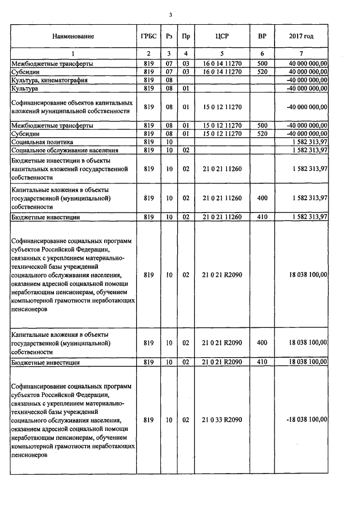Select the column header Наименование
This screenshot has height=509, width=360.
pyautogui.click(x=73, y=37)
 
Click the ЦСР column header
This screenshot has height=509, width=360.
pyautogui.click(x=222, y=37)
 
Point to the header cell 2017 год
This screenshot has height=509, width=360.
pyautogui.click(x=301, y=37)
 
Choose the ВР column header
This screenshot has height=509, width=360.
pyautogui.click(x=262, y=37)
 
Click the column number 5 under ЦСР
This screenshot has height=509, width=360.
pyautogui.click(x=222, y=53)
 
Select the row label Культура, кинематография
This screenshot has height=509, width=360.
pyautogui.click(x=49, y=80)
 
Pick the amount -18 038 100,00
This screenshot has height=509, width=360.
pyautogui.click(x=307, y=420)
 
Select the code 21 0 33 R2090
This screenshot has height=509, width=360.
pyautogui.click(x=222, y=420)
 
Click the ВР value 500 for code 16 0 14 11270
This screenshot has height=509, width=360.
pyautogui.click(x=262, y=64)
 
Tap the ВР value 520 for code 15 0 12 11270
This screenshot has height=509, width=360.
pyautogui.click(x=262, y=134)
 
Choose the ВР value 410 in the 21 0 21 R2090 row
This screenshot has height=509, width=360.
pyautogui.click(x=262, y=362)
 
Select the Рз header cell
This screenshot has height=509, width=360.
pyautogui.click(x=169, y=37)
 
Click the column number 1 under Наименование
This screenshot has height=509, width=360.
pyautogui.click(x=73, y=53)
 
